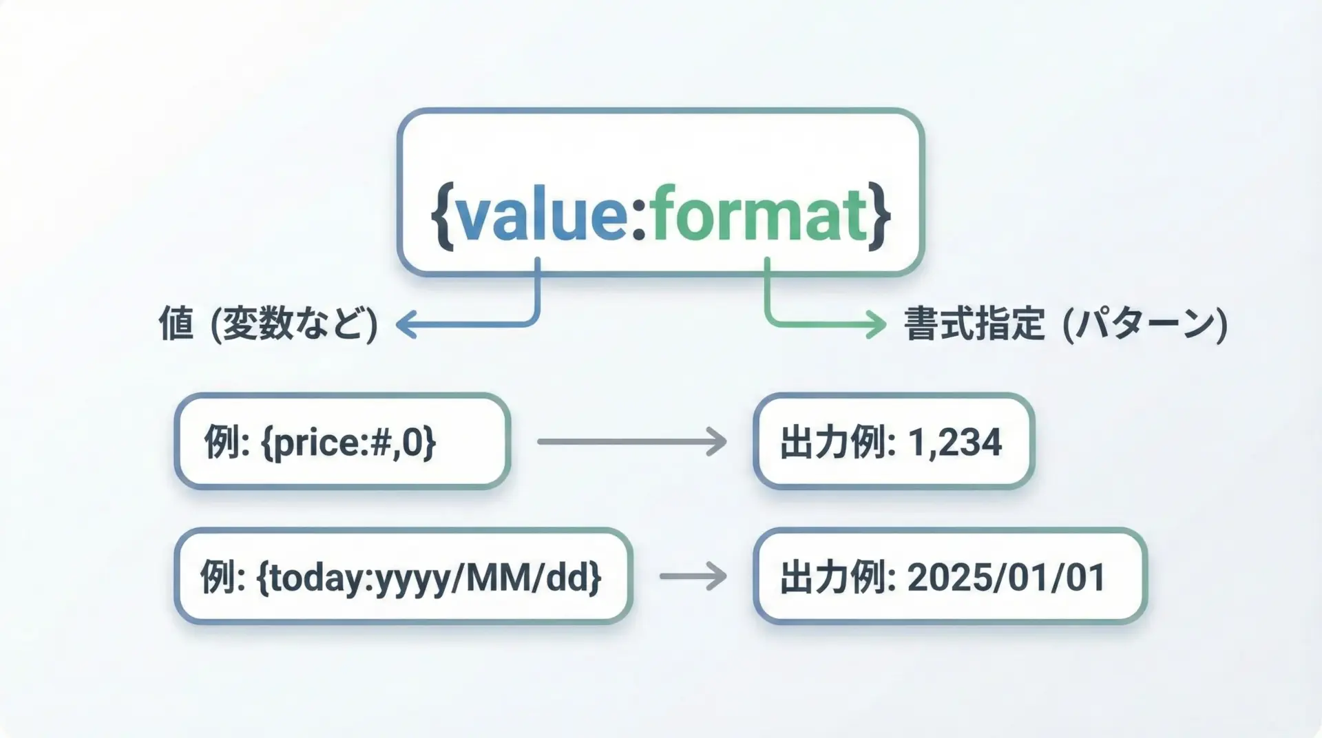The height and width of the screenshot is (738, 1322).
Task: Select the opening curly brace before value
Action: tap(442, 215)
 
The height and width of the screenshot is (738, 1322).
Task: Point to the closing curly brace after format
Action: tap(880, 215)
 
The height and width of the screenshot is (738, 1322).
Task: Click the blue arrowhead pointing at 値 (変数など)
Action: tap(407, 324)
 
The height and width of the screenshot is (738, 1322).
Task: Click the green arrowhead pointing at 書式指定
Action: tap(877, 324)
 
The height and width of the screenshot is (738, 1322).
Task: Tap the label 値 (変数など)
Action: tap(269, 324)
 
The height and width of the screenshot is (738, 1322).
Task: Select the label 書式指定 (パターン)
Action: tap(1066, 324)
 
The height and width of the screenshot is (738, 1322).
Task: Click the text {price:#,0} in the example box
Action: tap(348, 442)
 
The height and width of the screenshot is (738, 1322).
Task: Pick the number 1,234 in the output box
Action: tap(955, 442)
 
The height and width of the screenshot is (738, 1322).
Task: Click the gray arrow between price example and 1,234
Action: tap(632, 441)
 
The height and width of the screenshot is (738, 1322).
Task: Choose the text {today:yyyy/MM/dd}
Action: tap(429, 577)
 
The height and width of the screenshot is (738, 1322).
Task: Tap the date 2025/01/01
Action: tap(1006, 577)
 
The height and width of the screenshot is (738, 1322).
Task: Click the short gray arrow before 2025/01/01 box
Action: tap(693, 576)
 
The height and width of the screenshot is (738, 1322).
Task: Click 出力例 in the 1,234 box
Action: tap(832, 442)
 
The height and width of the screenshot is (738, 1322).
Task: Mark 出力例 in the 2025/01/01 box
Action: tap(832, 577)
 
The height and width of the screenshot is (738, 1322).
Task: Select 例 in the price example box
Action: tap(222, 442)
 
